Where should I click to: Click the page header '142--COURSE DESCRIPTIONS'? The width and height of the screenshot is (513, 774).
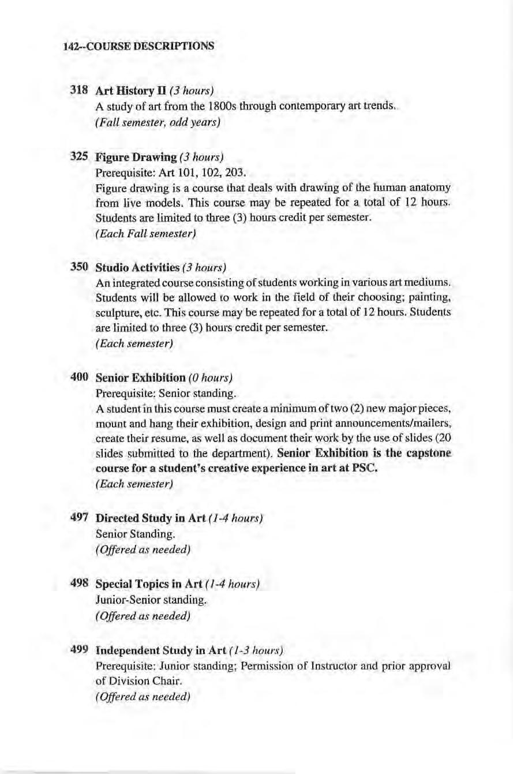(x=138, y=45)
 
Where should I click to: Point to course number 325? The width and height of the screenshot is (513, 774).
(x=78, y=156)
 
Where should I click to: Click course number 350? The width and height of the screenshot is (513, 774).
(x=78, y=267)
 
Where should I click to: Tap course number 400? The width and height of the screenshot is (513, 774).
(x=78, y=377)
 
